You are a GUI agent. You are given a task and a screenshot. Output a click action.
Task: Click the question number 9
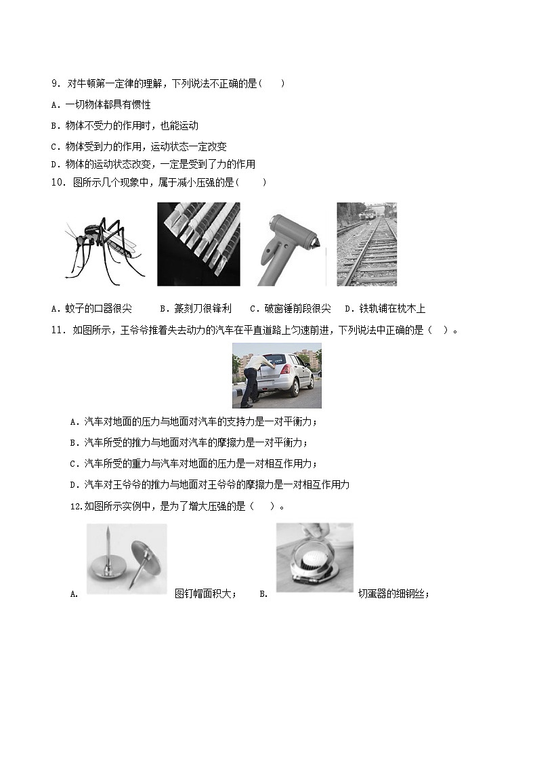tap(56, 83)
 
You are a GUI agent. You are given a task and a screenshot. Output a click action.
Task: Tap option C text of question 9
tap(138, 146)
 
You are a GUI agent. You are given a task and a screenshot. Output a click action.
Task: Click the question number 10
tap(58, 182)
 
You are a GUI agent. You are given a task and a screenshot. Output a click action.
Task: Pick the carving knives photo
tap(198, 244)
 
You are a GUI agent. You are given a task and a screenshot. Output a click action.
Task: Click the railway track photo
tap(367, 244)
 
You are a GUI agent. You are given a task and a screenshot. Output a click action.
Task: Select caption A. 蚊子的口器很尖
tap(91, 308)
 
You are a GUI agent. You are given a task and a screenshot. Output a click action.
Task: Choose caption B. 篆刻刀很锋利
tap(196, 308)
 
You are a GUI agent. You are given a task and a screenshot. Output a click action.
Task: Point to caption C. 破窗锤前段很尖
tap(291, 308)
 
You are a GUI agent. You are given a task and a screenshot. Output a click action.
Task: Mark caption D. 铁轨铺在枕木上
tap(385, 308)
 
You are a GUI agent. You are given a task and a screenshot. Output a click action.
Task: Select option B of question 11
tap(189, 442)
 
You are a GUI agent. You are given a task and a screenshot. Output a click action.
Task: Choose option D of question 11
tap(210, 484)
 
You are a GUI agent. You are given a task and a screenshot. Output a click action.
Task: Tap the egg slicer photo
tap(315, 557)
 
